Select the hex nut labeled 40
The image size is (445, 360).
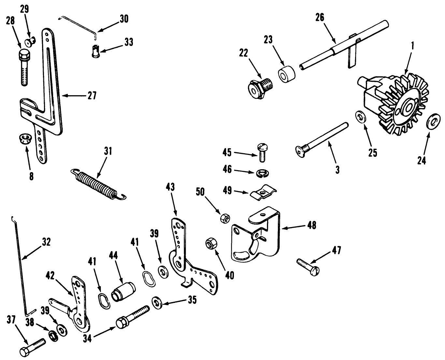tap(210, 244)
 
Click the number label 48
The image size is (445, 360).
tap(312, 225)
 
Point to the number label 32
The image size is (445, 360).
tap(47, 242)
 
